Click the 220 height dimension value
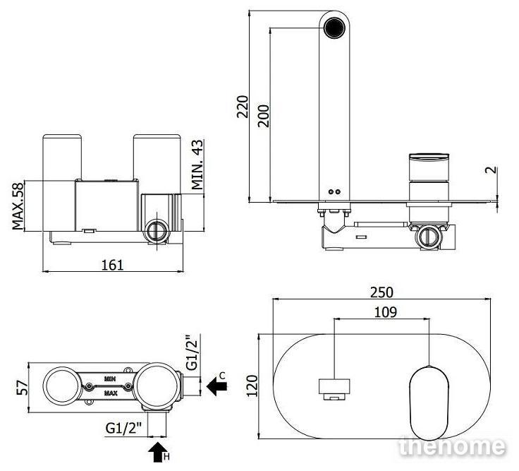(x=243, y=107)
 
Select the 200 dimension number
(x=264, y=116)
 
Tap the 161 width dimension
(x=113, y=265)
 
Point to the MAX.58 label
(x=18, y=205)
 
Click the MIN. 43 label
(x=197, y=165)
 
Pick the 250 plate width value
(x=381, y=292)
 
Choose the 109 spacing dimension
(x=385, y=312)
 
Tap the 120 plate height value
(x=252, y=386)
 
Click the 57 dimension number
(x=23, y=388)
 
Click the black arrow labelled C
(x=216, y=386)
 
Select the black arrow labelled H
(x=157, y=452)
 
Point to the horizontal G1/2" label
(x=124, y=428)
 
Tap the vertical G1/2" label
(x=193, y=352)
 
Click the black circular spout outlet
(x=334, y=28)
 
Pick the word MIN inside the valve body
(x=109, y=378)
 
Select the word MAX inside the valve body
(x=111, y=393)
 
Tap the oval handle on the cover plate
(x=429, y=403)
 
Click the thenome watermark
(x=452, y=447)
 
